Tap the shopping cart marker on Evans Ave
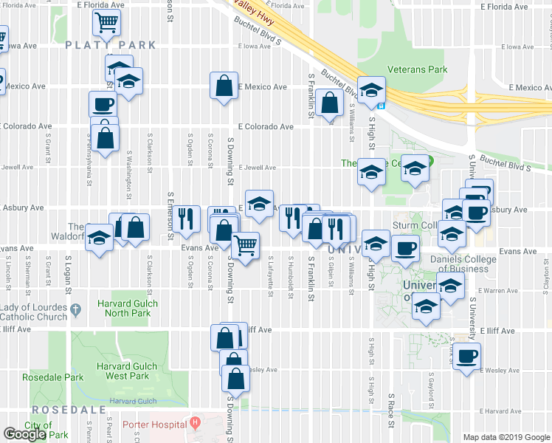[x=246, y=244]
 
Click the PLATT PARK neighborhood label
[x=111, y=45]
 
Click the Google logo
[x=25, y=433]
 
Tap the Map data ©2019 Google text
[x=506, y=437]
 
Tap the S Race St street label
[x=390, y=411]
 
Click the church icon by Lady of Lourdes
[x=75, y=317]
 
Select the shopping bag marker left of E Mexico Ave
[x=224, y=86]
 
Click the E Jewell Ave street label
[x=257, y=168]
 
